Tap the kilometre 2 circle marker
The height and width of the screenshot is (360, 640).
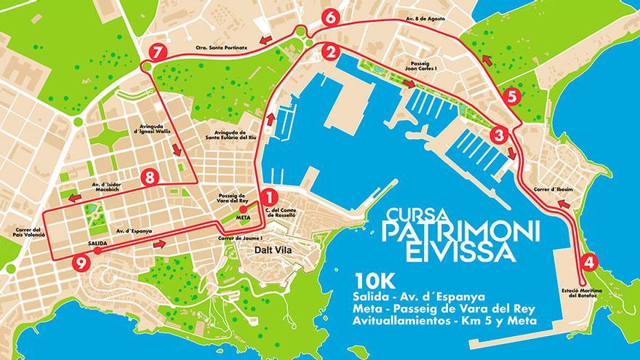pyautogui.click(x=331, y=52)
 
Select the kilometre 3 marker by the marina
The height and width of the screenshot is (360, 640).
pyautogui.click(x=499, y=135)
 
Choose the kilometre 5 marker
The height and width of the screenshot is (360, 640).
pyautogui.click(x=511, y=96)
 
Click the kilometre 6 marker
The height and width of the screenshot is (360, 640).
pyautogui.click(x=331, y=17)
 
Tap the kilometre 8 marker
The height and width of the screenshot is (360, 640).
pyautogui.click(x=151, y=176)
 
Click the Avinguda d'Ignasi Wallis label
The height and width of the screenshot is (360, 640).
pyautogui.click(x=153, y=136)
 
